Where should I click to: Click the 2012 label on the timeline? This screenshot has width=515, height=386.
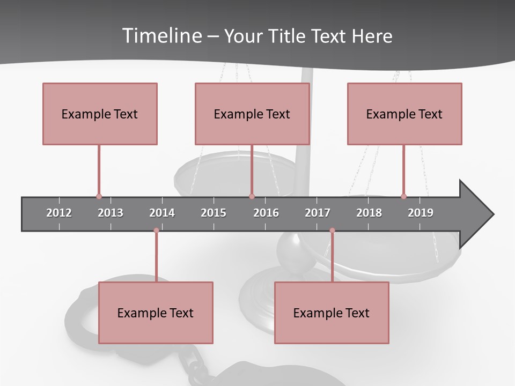pos(59,213)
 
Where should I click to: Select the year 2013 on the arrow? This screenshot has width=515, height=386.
pos(111,213)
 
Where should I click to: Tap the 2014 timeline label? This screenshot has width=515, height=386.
pos(162,213)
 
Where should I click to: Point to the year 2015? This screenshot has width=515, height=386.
pos(214,213)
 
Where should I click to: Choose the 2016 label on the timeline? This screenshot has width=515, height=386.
pos(266,213)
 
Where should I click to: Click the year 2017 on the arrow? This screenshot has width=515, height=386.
pos(318,213)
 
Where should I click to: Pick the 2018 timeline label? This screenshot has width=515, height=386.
pos(369,213)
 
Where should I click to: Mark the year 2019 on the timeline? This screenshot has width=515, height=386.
pos(421,213)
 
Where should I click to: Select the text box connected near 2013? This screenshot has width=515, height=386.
pos(100,114)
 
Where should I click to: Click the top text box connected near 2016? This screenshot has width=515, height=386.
pos(252,114)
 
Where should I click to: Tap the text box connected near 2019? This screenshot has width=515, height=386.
pos(404,114)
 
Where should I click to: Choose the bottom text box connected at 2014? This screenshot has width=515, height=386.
pos(156,313)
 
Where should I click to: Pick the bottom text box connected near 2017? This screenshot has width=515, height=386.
pos(332,313)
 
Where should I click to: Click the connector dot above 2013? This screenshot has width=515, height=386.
pos(99,197)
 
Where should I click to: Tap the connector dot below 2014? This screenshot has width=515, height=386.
pos(156,231)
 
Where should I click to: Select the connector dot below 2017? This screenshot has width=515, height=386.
pos(332,231)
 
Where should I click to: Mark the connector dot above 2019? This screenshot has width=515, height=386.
pos(403,197)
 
